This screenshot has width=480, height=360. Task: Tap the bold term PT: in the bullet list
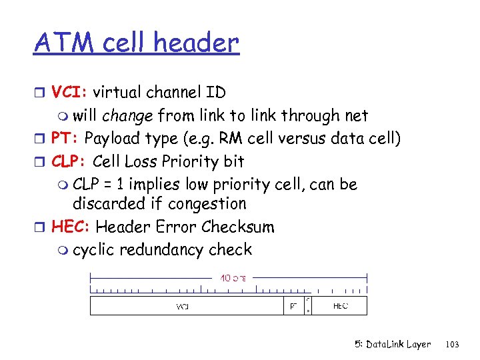pyautogui.click(x=66, y=138)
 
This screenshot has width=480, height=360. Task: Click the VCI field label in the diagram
pyautogui.click(x=182, y=307)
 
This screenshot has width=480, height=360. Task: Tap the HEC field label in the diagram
pyautogui.click(x=339, y=307)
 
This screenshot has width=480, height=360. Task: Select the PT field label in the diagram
pyautogui.click(x=293, y=307)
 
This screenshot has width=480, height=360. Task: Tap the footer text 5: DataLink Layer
pyautogui.click(x=393, y=345)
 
